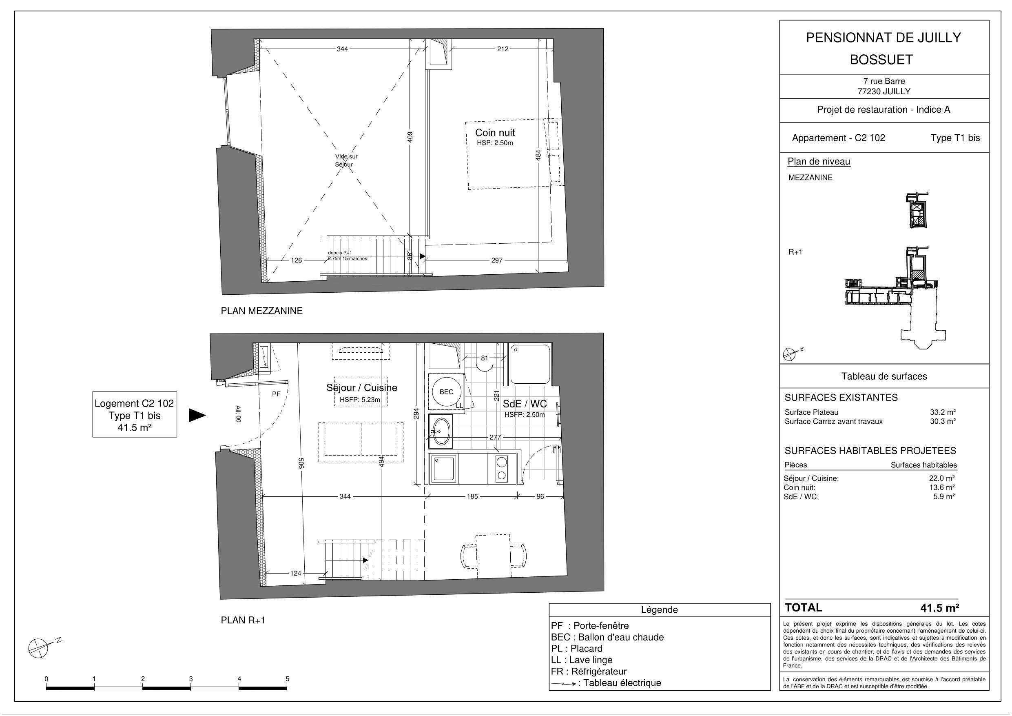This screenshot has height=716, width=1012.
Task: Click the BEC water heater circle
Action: pyautogui.click(x=446, y=392)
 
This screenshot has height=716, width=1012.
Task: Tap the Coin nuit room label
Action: pyautogui.click(x=494, y=132)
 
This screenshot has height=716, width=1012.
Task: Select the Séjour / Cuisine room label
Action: pyautogui.click(x=361, y=387)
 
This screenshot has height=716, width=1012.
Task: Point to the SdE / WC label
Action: pyautogui.click(x=525, y=404)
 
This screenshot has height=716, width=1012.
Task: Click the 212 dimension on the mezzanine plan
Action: pyautogui.click(x=503, y=49)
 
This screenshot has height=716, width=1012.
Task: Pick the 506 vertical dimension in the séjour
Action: pyautogui.click(x=301, y=463)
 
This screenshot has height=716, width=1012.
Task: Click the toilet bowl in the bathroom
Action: pyautogui.click(x=485, y=362)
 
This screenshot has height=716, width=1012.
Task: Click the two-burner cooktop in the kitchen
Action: pyautogui.click(x=501, y=469)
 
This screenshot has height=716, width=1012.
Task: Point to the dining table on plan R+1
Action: pyautogui.click(x=493, y=555)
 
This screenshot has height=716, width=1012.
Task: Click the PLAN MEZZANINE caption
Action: pyautogui.click(x=261, y=311)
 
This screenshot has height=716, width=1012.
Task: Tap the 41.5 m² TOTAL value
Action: pyautogui.click(x=939, y=608)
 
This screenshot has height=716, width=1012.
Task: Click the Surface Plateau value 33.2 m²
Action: pyautogui.click(x=943, y=412)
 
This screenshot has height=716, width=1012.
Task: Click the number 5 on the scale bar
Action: pyautogui.click(x=288, y=679)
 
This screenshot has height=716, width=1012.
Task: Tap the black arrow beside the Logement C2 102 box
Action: pyautogui.click(x=197, y=415)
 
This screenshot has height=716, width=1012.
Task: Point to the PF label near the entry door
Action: pyautogui.click(x=276, y=394)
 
